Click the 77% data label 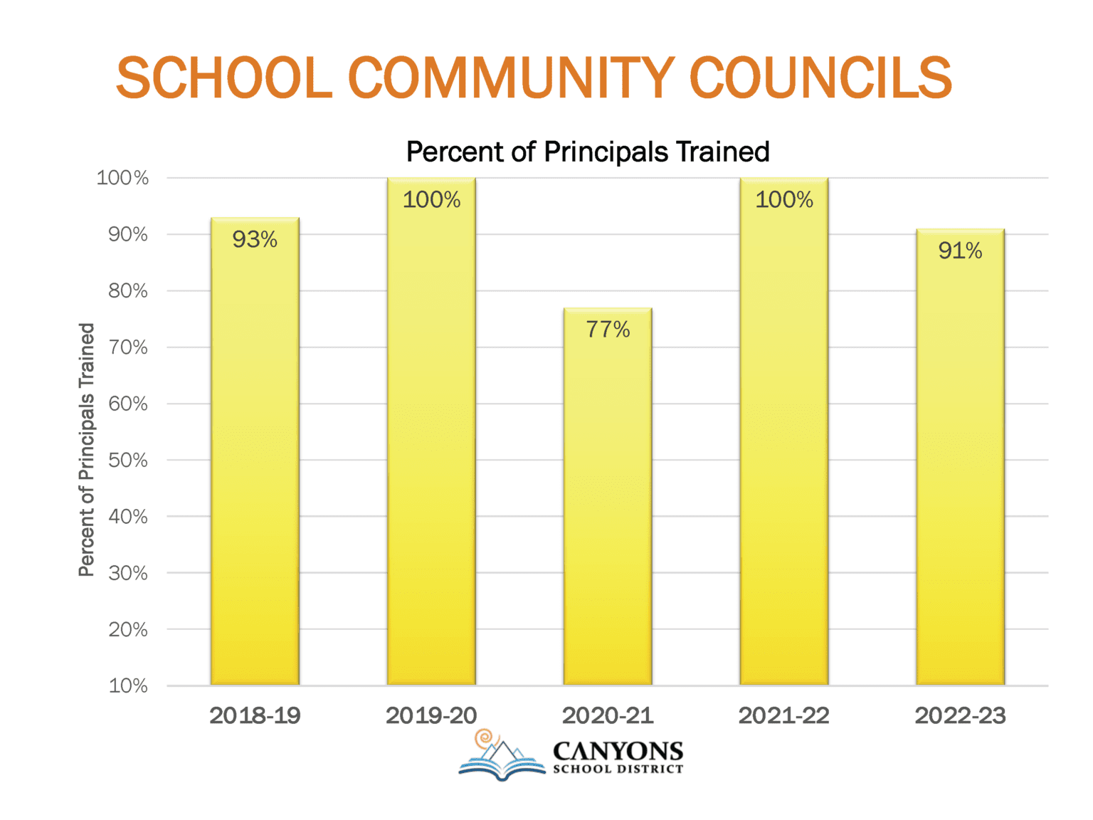tap(608, 330)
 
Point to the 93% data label tap(255, 240)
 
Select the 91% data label tap(960, 251)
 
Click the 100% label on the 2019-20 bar tap(431, 200)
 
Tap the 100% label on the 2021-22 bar tap(783, 200)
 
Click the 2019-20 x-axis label tap(431, 715)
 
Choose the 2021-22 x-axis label tap(783, 715)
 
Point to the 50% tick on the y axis tap(128, 461)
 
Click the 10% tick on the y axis tap(128, 686)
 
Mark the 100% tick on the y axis tap(122, 178)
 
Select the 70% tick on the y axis tap(128, 347)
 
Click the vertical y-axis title tap(86, 450)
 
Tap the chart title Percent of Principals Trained tap(588, 152)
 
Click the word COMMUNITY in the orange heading tap(511, 78)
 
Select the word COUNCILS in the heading tap(820, 78)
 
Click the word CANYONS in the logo tap(618, 752)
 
